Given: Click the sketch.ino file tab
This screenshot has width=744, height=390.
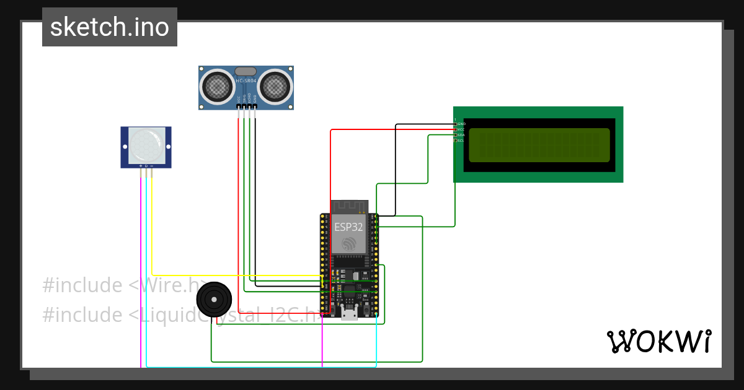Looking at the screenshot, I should (x=110, y=27).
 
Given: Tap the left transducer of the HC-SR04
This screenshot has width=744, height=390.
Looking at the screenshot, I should (x=218, y=87).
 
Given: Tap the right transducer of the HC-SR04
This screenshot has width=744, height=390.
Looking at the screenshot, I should (x=275, y=87).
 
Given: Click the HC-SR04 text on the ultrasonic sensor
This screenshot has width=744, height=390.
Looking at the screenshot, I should (x=246, y=81).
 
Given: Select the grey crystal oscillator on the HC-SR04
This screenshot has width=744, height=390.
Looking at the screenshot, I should (x=246, y=72).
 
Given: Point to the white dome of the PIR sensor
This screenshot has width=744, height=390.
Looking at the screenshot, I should (x=146, y=144).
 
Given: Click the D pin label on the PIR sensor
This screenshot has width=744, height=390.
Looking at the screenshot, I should (x=146, y=166).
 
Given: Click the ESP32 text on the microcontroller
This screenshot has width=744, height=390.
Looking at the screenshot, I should (x=348, y=227).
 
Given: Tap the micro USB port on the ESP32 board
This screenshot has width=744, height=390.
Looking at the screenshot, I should (x=349, y=314).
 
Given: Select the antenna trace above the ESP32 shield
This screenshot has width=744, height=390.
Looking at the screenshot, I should (x=350, y=206).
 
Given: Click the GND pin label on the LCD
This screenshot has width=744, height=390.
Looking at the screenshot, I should (x=461, y=124).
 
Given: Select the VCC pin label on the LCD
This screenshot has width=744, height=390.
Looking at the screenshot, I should (x=461, y=129).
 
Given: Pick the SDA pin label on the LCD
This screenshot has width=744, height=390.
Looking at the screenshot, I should (x=461, y=135).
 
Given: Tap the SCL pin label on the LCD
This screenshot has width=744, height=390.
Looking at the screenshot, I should (x=461, y=141).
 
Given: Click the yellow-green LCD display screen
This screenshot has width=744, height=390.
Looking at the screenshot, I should (x=539, y=145).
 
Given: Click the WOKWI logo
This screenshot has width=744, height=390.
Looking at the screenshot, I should (x=658, y=341).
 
